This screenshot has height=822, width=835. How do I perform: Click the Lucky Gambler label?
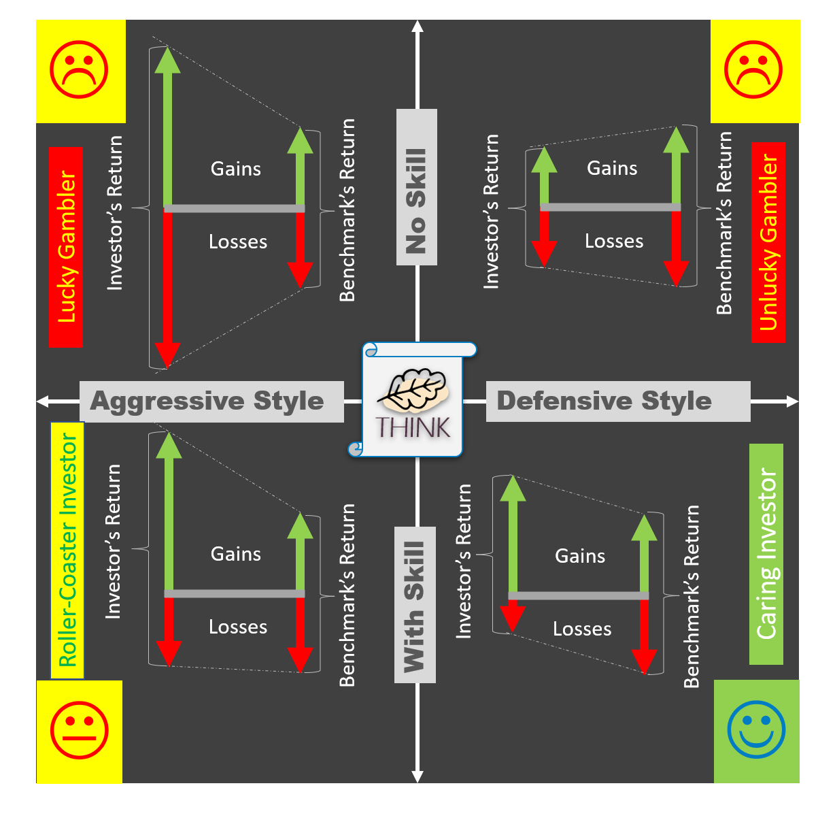pos(66,247)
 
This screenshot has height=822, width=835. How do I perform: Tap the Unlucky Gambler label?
pos(768,242)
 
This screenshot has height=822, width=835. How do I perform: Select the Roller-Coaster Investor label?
pos(67,550)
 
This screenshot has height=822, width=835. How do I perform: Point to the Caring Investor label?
pos(766,554)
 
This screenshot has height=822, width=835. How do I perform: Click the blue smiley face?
pos(756,729)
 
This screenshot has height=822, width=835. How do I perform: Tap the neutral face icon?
pos(80,731)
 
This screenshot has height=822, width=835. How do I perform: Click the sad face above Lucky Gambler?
pos(80,69)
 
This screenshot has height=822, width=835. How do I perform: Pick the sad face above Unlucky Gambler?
pos(753,69)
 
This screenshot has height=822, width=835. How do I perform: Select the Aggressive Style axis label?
pos(207,401)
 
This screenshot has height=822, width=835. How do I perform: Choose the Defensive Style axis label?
pos(604,401)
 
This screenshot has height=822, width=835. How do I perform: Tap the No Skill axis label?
pos(416,201)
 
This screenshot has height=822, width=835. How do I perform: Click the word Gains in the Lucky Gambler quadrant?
pos(236,169)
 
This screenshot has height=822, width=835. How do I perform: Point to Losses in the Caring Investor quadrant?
pos(582,629)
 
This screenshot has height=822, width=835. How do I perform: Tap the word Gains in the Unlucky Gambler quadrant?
pos(612,168)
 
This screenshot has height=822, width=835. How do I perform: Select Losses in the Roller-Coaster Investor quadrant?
pos(238,627)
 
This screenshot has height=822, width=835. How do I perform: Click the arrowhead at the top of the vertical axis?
pos(417,27)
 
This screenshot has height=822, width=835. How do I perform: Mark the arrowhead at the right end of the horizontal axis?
pos(792,401)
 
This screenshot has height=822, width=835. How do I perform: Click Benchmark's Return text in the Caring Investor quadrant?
pos(692,596)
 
